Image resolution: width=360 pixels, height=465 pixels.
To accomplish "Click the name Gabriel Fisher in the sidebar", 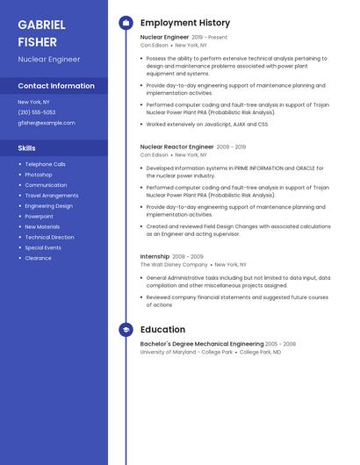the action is pyautogui.click(x=39, y=32).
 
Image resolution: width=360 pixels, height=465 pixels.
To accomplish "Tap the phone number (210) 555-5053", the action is pyautogui.click(x=36, y=112).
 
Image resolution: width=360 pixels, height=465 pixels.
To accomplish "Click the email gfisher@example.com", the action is pyautogui.click(x=46, y=123).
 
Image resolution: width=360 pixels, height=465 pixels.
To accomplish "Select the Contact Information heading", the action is pyautogui.click(x=56, y=86).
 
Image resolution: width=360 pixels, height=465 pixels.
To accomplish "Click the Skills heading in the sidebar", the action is pyautogui.click(x=27, y=148).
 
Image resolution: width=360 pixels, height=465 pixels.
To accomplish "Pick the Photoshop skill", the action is pyautogui.click(x=39, y=175).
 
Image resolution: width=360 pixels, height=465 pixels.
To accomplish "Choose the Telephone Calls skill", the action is pyautogui.click(x=45, y=164).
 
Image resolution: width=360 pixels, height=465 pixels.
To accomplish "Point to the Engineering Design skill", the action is pyautogui.click(x=48, y=205).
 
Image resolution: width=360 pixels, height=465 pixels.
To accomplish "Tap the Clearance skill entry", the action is pyautogui.click(x=38, y=258).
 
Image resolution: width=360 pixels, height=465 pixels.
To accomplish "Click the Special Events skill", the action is pyautogui.click(x=43, y=247).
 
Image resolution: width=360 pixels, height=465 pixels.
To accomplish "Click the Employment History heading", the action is pyautogui.click(x=185, y=23).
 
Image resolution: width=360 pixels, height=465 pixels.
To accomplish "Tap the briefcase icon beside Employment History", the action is pyautogui.click(x=126, y=23).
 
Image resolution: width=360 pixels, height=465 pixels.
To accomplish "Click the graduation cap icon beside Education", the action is pyautogui.click(x=126, y=330).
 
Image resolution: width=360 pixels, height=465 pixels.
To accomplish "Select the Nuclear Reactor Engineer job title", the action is pyautogui.click(x=176, y=147).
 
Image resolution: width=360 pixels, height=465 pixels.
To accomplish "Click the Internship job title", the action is pyautogui.click(x=155, y=256).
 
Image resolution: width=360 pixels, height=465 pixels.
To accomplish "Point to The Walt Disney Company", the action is pyautogui.click(x=174, y=264).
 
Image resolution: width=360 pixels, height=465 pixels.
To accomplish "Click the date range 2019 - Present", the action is pyautogui.click(x=209, y=38).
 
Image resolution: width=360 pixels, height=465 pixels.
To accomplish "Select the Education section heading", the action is pyautogui.click(x=162, y=330).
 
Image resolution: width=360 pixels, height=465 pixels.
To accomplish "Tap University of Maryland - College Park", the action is pyautogui.click(x=186, y=352).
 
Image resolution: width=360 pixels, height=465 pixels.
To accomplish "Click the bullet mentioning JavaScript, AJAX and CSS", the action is pyautogui.click(x=206, y=125).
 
